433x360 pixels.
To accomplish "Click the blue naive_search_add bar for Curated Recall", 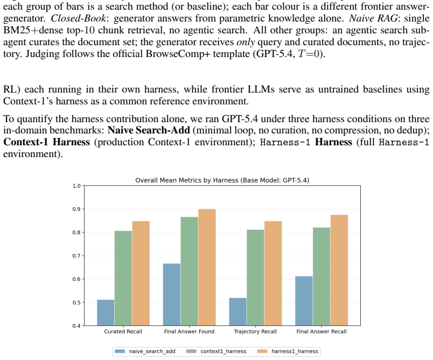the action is (x=106, y=313).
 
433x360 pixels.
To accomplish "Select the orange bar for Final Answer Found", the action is (x=207, y=267).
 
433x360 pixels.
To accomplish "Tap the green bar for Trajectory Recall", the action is (x=255, y=278).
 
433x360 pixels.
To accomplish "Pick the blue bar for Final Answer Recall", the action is (x=304, y=301).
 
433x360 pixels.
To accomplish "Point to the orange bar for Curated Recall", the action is (x=141, y=273).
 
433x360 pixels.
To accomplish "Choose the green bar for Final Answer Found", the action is (x=190, y=271).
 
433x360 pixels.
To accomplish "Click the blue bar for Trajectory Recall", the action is (x=238, y=312).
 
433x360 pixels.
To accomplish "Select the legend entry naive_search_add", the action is (x=145, y=351).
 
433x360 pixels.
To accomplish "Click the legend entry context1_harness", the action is (x=216, y=351).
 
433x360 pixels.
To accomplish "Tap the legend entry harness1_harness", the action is (x=288, y=351).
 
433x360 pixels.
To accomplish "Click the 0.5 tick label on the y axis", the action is (x=76, y=302).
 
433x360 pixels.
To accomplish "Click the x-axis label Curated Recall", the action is (x=123, y=331).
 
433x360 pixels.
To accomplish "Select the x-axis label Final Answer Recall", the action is (x=322, y=331).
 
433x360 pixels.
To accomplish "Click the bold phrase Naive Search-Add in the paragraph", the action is (x=149, y=130).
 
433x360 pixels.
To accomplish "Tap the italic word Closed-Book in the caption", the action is (x=78, y=18).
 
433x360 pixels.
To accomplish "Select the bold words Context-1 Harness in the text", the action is (x=46, y=142).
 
